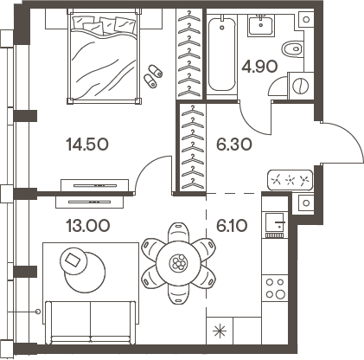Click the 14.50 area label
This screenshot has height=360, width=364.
pyautogui.click(x=89, y=145)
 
